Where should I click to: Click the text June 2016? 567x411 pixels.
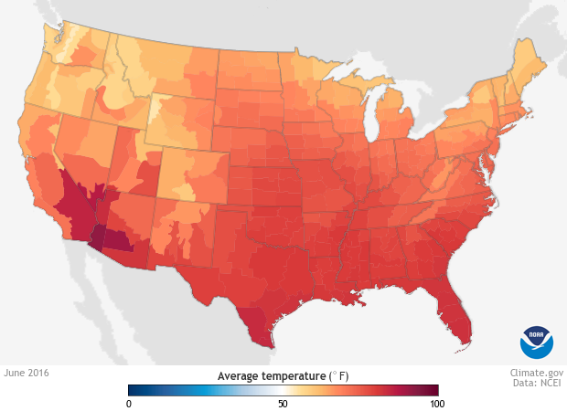click(x=27, y=373)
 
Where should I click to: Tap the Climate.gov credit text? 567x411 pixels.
click(x=537, y=373)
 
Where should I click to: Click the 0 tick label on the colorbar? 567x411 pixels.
click(x=130, y=403)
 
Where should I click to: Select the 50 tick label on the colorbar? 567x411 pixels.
click(x=283, y=403)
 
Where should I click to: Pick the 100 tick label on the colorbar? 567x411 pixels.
click(x=436, y=403)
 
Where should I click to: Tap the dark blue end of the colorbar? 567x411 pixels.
click(x=133, y=389)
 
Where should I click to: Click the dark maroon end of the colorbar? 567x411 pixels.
click(x=433, y=389)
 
